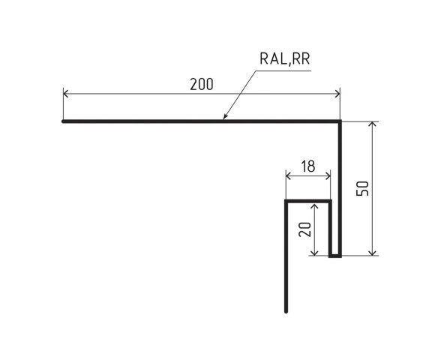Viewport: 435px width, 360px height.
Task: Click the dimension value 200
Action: pos(201,84)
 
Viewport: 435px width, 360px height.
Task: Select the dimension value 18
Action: pos(307,166)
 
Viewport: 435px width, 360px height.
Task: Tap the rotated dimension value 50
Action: pos(363,188)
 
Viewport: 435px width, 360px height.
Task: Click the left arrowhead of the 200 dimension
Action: pos(64,94)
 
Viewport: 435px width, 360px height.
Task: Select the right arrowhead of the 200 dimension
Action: pos(339,94)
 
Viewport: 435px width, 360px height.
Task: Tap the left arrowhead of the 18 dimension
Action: pos(287,176)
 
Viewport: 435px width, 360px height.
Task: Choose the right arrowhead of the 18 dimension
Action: pos(330,176)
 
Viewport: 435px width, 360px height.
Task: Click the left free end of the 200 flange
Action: pos(63,121)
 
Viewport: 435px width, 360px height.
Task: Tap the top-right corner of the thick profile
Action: pos(340,121)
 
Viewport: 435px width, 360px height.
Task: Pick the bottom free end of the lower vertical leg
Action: pos(286,310)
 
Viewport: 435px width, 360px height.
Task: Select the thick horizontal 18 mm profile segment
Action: pos(308,201)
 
